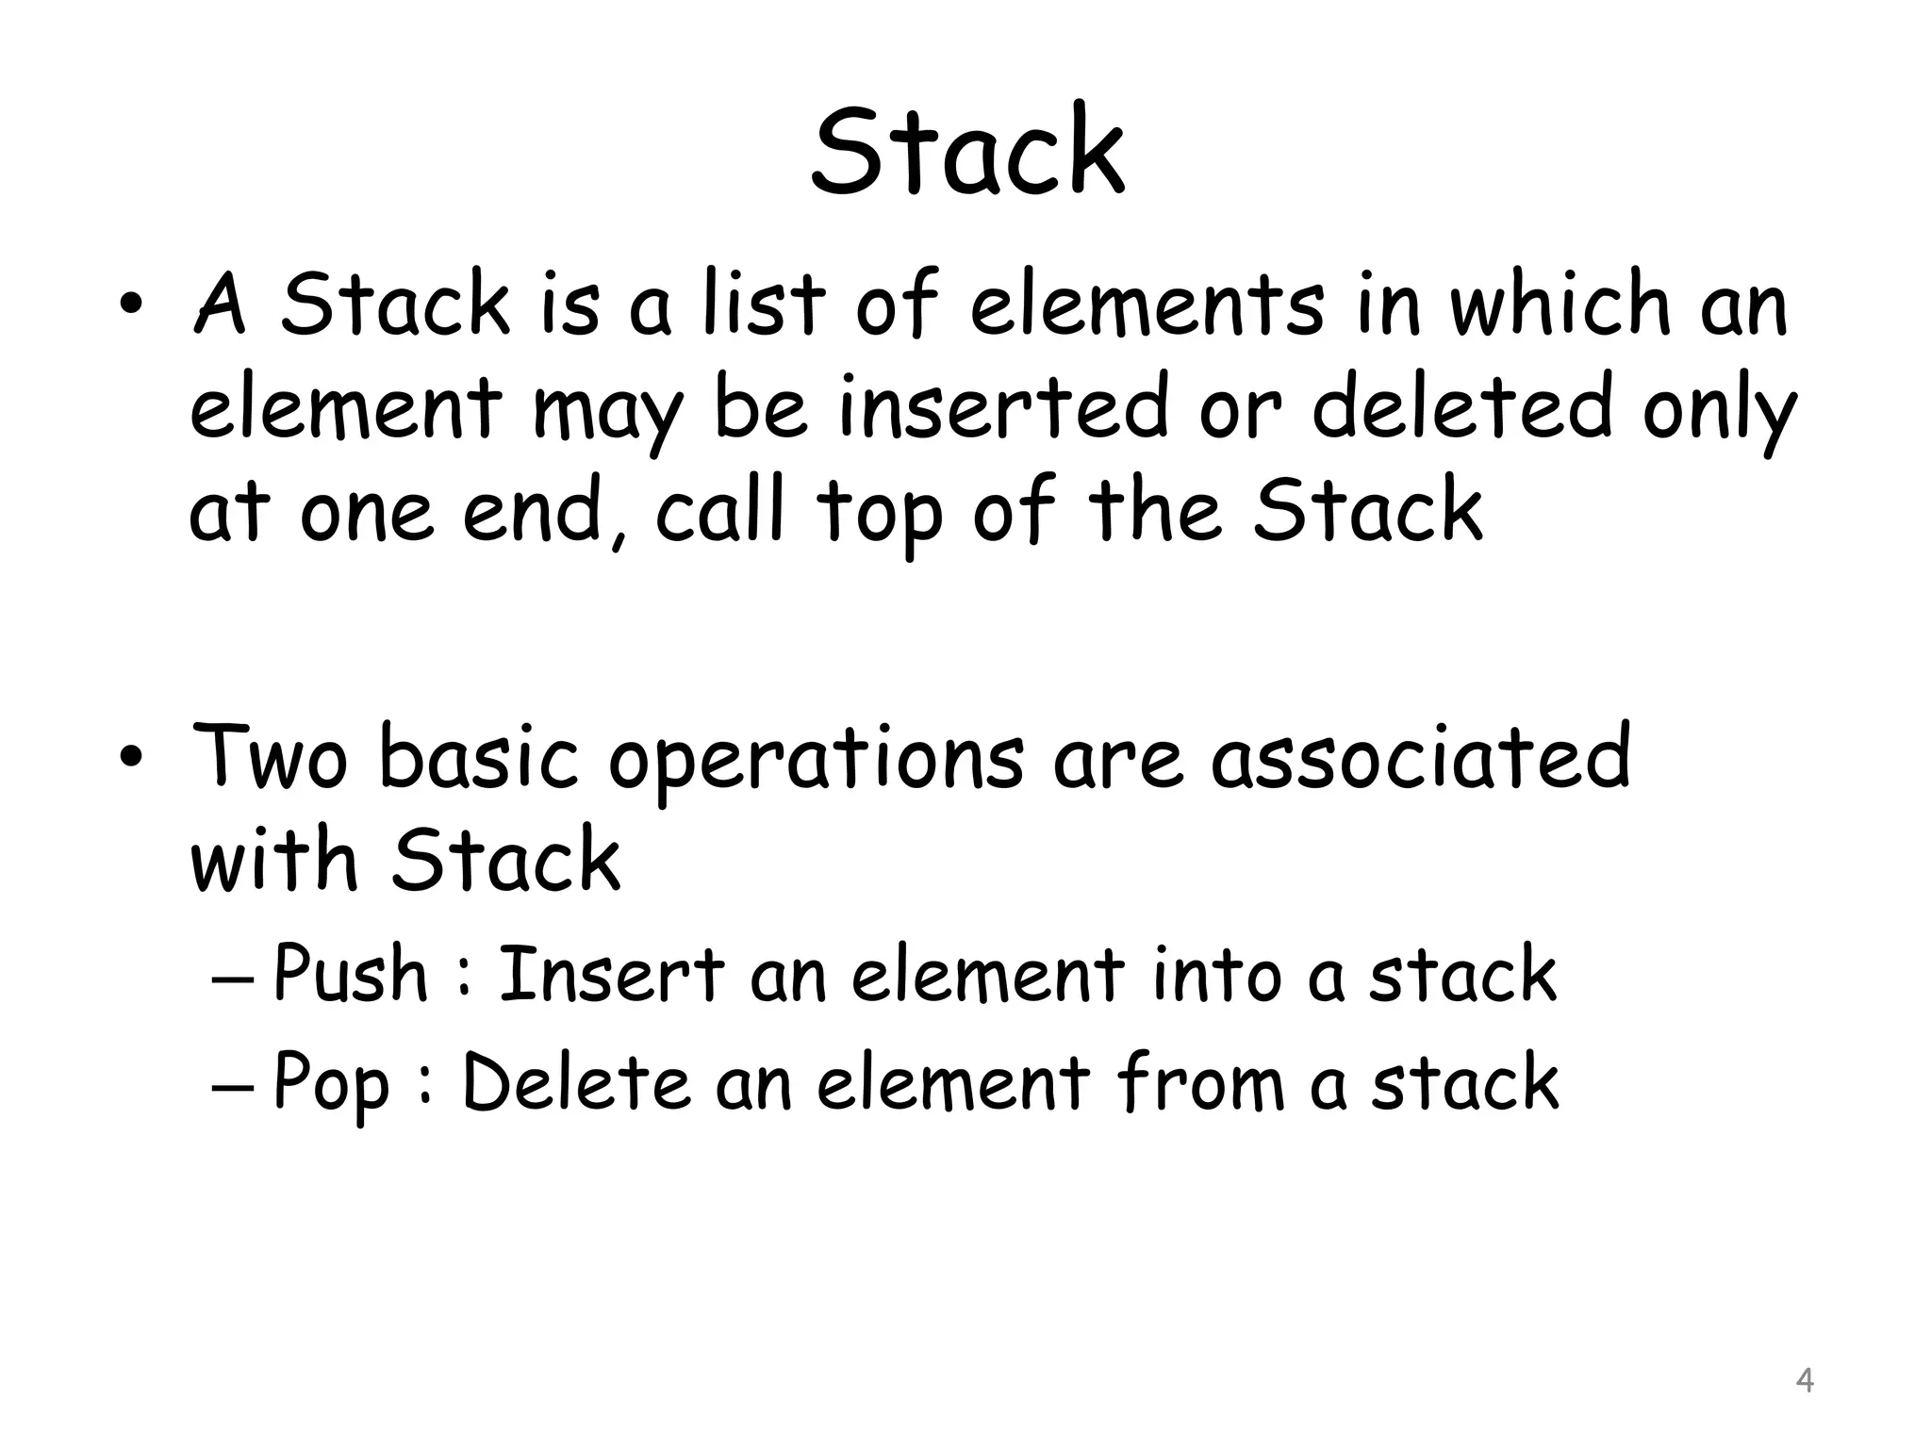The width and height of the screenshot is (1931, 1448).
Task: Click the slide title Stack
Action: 967,151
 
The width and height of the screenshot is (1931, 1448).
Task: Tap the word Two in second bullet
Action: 271,755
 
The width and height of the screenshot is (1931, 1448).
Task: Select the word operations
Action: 816,760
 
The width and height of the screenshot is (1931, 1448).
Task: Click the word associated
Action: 1421,755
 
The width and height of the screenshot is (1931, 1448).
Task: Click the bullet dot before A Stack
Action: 131,307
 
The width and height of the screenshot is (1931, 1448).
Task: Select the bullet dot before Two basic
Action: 131,759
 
